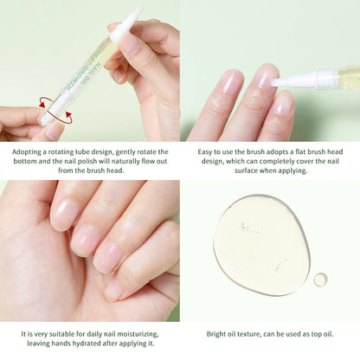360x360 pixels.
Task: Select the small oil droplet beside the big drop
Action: click(320, 279)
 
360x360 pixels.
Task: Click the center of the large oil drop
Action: click(261, 244)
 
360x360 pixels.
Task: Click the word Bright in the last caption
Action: click(219, 333)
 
